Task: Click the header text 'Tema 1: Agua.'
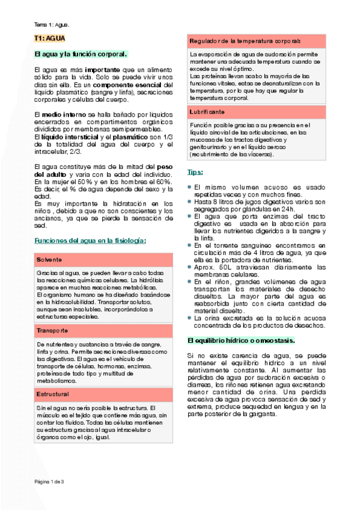pyautogui.click(x=52, y=25)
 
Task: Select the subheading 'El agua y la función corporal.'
pyautogui.click(x=81, y=54)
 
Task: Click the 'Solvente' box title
pyautogui.click(x=49, y=259)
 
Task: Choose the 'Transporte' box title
pyautogui.click(x=52, y=331)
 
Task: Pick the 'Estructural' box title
pyautogui.click(x=52, y=377)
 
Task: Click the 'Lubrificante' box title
pyautogui.click(x=208, y=112)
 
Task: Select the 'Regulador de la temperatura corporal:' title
pyautogui.click(x=245, y=41)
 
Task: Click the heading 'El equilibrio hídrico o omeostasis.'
pyautogui.click(x=241, y=340)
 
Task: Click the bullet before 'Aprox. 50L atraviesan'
pyautogui.click(x=190, y=267)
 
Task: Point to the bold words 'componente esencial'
pyautogui.click(x=124, y=85)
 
